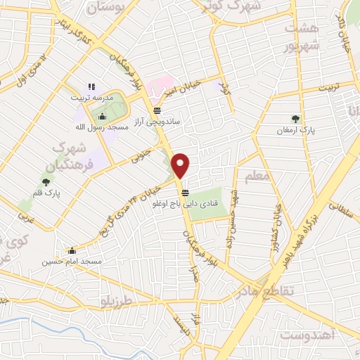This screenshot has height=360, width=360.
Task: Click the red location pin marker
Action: coord(181,165)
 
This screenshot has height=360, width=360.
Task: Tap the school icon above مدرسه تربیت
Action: coord(91,86)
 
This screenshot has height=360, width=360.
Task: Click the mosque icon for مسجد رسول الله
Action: coord(103,116)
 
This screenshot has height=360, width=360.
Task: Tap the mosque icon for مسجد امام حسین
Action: coord(72,250)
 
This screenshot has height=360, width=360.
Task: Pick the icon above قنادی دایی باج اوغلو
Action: coord(185,193)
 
